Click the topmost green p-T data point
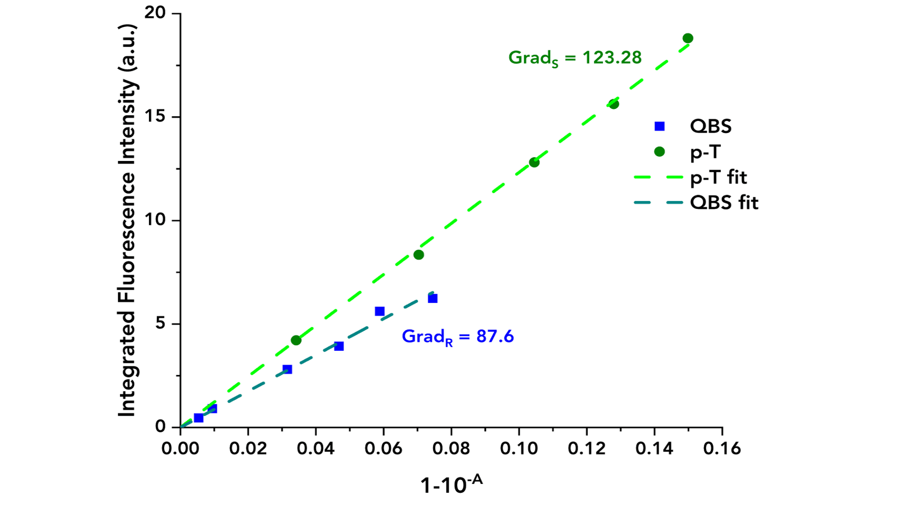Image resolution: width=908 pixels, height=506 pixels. pos(688,38)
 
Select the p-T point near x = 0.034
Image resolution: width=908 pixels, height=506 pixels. pos(296,340)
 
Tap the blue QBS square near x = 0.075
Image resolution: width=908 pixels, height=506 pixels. pos(432,298)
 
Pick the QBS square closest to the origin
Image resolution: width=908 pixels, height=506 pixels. pos(198,418)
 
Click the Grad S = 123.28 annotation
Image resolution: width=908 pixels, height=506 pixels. pos(574,58)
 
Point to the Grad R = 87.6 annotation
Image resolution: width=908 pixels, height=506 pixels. pos(457,337)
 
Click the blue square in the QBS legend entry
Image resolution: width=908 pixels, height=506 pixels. pos(659,126)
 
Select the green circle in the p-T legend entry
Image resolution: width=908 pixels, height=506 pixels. pos(659,151)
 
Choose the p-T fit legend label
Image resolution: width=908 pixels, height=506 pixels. pos(718,177)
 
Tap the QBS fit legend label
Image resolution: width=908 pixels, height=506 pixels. pos(724,203)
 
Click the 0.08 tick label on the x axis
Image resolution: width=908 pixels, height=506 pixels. pos(451,448)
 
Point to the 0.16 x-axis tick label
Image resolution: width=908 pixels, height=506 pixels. pos(722,448)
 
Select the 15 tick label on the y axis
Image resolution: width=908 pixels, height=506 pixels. pos(156,117)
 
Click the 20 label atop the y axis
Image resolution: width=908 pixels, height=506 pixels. pos(156,13)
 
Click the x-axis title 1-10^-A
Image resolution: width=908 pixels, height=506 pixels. pos(451,483)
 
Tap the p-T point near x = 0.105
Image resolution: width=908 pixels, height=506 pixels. pos(534,163)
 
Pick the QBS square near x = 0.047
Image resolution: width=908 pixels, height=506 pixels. pos(339,346)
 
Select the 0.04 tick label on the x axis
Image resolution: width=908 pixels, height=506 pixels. pos(316,448)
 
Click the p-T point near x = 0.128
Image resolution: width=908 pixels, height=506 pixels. pos(613,104)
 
